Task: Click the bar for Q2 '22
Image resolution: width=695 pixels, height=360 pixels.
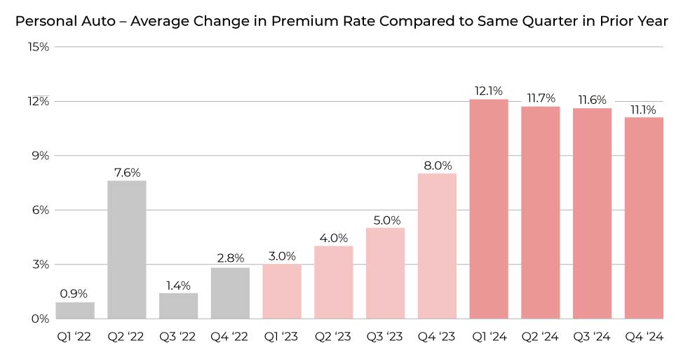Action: (127, 249)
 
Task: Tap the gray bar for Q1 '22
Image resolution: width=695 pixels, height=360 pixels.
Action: (75, 310)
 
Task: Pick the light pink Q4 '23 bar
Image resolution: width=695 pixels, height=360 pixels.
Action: (437, 246)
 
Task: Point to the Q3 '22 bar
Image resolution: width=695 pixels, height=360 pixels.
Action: (178, 306)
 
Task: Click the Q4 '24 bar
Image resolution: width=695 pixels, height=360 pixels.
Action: (643, 218)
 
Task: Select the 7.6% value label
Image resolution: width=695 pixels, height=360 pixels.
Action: (127, 173)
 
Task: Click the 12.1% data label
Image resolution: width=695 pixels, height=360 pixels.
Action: (488, 91)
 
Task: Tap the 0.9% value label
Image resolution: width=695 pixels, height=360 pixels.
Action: (75, 294)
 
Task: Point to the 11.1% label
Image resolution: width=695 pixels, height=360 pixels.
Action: (643, 109)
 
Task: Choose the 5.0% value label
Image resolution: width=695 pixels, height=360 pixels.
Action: (385, 220)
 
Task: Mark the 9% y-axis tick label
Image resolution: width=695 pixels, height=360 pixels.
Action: (41, 156)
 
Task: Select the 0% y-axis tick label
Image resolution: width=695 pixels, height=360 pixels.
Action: (41, 319)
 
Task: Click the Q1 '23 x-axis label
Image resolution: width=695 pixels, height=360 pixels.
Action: (281, 338)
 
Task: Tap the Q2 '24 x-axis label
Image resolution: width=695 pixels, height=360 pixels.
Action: (540, 338)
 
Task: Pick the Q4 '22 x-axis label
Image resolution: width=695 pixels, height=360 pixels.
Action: (230, 338)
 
